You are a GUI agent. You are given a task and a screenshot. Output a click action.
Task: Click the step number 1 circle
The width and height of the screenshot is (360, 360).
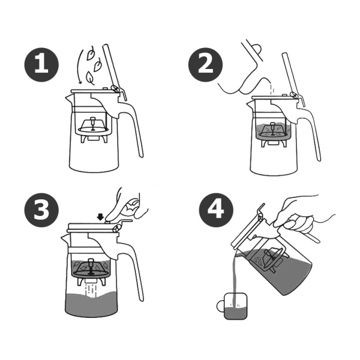[x=41, y=65]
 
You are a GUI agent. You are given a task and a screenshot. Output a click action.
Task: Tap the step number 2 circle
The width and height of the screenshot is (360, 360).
[x=205, y=65]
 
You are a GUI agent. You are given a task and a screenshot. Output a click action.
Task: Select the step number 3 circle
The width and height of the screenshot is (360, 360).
[x=41, y=210]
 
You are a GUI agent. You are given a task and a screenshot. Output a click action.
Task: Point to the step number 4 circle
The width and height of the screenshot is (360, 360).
[x=216, y=210]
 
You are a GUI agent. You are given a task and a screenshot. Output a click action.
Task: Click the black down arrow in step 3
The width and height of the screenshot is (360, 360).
[x=100, y=217]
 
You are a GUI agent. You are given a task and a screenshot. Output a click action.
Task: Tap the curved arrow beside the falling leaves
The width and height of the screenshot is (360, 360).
[x=79, y=67]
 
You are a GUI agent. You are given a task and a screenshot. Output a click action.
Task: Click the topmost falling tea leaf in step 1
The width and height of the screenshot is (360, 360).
[x=91, y=53]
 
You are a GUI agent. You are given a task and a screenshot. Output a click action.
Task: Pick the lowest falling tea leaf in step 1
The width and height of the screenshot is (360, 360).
[x=90, y=78]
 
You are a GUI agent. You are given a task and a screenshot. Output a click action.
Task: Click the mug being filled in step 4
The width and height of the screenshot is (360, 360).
[x=235, y=306]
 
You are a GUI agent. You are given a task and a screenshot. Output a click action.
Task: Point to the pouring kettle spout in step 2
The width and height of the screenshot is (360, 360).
[x=266, y=81]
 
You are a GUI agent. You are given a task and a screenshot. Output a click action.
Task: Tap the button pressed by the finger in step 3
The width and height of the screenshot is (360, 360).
[x=107, y=222]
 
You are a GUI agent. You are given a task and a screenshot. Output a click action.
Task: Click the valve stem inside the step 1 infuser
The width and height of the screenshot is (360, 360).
[x=93, y=124]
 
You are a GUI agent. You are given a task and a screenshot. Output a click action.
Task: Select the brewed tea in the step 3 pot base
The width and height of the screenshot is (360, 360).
[x=91, y=304]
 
